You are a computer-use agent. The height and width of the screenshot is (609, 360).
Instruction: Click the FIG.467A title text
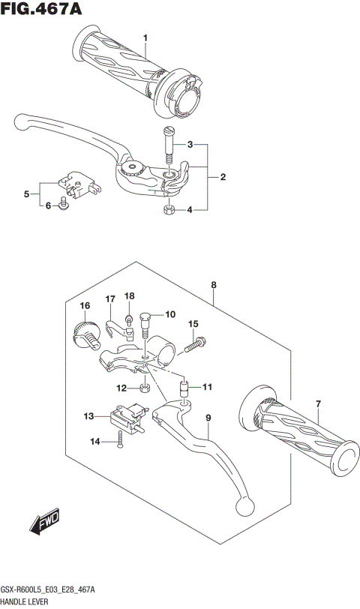click(x=42, y=10)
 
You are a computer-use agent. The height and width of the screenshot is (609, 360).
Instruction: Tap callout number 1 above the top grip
click(x=146, y=37)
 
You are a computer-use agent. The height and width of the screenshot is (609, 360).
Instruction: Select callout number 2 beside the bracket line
click(x=223, y=177)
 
